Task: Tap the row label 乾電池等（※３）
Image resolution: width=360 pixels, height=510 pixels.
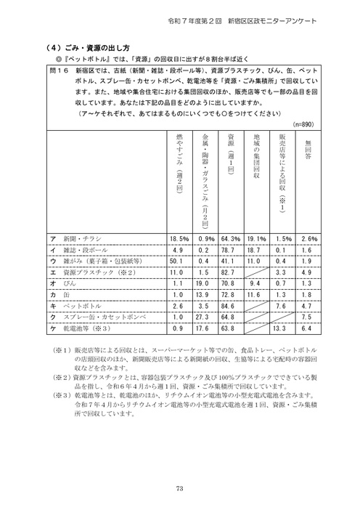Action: click(86, 330)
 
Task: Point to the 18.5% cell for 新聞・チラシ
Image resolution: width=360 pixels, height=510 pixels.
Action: click(179, 238)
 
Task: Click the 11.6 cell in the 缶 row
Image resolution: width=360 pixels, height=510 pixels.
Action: click(257, 296)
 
